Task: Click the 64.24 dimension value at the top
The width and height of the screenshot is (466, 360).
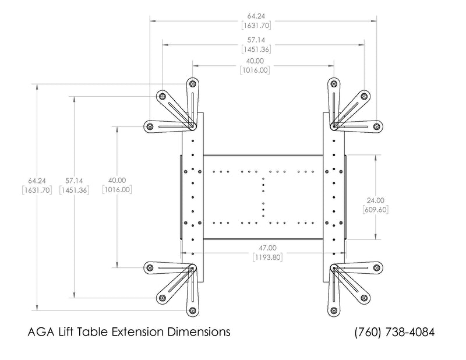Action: coord(255,17)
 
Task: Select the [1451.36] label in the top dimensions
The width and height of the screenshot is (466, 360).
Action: coord(255,49)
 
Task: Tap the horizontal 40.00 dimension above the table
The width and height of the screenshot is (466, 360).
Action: coord(255,61)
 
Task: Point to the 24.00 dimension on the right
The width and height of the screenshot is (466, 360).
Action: coord(375,200)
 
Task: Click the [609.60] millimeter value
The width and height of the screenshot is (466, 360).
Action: coord(375,209)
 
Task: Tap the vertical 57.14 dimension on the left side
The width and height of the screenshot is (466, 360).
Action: coord(73,181)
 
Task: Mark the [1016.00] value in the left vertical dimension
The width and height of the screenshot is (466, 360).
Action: coord(116,190)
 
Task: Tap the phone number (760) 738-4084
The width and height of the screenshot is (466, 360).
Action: coord(394,332)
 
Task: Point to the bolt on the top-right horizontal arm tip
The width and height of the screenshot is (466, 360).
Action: coord(377,126)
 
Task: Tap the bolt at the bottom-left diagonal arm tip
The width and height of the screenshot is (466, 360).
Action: coord(161,298)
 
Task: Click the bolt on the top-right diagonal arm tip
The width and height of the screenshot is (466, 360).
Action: coord(365,96)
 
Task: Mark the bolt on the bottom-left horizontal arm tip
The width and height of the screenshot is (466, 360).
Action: coord(150,267)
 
